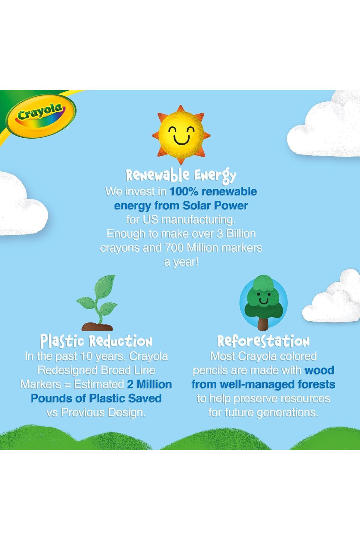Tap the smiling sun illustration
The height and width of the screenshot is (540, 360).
click(x=181, y=135)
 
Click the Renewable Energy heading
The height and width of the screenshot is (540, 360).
click(x=181, y=175)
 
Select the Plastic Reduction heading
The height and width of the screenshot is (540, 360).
click(x=96, y=341)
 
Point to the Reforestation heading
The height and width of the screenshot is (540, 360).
click(x=263, y=341)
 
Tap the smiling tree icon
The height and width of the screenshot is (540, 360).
click(x=263, y=302)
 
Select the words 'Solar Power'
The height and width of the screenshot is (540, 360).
click(x=215, y=205)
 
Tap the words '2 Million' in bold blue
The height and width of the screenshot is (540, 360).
click(x=149, y=384)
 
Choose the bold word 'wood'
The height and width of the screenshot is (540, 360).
click(x=319, y=370)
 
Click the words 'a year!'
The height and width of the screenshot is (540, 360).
click(x=181, y=262)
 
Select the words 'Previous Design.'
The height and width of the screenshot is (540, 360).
click(x=103, y=412)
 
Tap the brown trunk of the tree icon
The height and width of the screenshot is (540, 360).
click(x=263, y=323)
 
